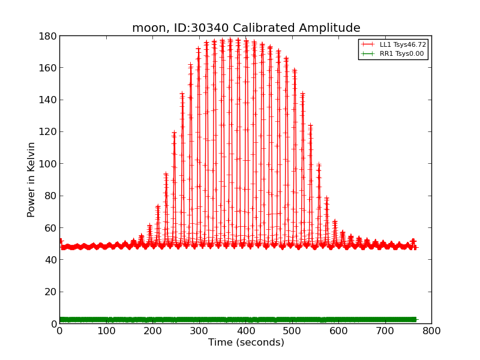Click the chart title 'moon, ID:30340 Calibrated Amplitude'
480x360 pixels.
point(246,28)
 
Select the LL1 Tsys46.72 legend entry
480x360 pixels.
point(403,44)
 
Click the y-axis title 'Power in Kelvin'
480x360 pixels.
point(31,179)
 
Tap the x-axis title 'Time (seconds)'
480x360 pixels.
point(246,343)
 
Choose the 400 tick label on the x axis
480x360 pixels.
point(245,331)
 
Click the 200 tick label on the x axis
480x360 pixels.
point(152,331)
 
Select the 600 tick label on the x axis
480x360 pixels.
point(338,331)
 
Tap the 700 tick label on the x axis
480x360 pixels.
point(385,331)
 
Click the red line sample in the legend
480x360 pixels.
point(368,44)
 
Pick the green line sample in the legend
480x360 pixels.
point(368,54)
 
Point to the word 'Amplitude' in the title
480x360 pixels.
point(332,28)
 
